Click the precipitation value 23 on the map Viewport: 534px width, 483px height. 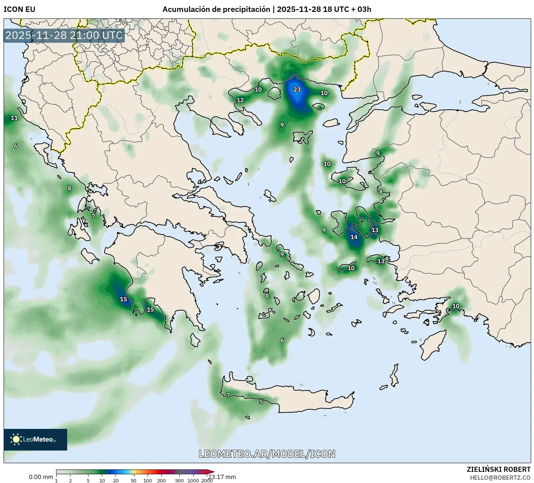point(297,89)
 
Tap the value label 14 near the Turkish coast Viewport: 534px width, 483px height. point(354,237)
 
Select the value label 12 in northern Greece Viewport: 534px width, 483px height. point(240,100)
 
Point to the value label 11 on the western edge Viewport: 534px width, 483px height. point(14,118)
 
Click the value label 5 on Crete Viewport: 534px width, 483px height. point(261,401)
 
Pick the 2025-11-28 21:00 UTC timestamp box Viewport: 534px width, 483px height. point(64,35)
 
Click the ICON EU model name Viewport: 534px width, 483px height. point(19,9)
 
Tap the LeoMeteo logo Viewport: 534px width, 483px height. point(35,439)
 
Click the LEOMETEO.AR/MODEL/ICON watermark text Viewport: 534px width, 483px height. point(267,454)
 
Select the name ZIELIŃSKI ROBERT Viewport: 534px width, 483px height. point(499,469)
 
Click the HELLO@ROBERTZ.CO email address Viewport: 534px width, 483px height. point(500,477)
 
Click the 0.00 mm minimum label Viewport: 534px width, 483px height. point(41,477)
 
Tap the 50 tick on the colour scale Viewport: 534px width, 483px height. point(134,480)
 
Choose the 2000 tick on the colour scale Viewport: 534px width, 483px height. point(207,480)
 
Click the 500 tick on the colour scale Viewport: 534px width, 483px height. point(179,480)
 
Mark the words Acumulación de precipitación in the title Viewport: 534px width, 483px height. point(216,9)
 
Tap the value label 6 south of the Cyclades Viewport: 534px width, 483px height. point(282,340)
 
